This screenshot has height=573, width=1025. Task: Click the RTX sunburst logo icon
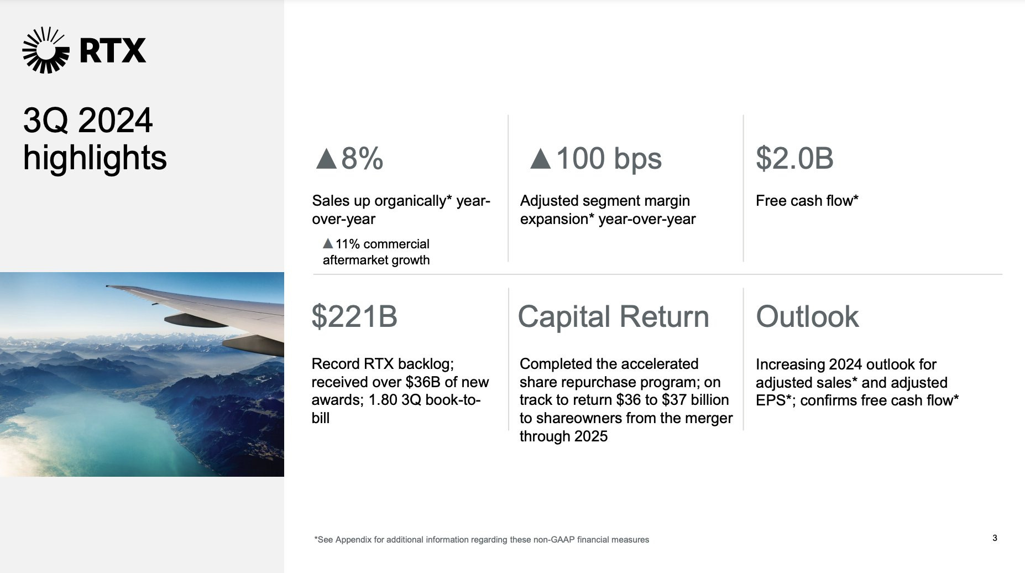(x=46, y=50)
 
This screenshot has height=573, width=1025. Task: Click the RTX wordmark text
(x=113, y=51)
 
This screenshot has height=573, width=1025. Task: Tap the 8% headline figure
(x=362, y=159)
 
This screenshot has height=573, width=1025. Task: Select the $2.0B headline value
(x=794, y=158)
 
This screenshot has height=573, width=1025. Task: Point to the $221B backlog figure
(x=354, y=316)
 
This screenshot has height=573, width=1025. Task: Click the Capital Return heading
(x=614, y=317)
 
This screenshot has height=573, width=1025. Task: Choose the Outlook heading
(x=807, y=317)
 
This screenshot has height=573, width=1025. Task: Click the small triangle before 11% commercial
(x=328, y=243)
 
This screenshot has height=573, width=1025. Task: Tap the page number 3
(x=995, y=538)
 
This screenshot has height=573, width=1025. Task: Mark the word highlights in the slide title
(x=95, y=158)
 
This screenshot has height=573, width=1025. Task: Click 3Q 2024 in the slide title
(x=88, y=121)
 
